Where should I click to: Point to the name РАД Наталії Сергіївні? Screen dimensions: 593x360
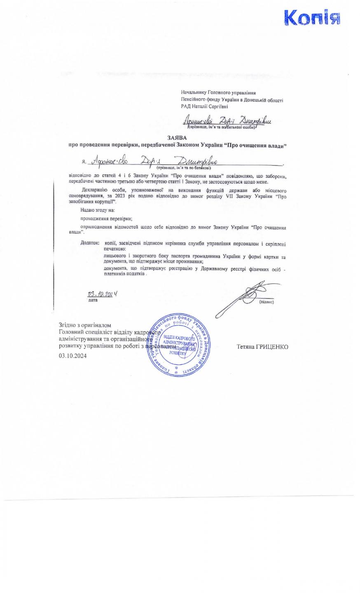pos(204,106)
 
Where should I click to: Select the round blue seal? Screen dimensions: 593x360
pos(179,346)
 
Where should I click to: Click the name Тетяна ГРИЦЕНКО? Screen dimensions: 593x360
pos(262,347)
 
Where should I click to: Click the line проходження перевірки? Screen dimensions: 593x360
pos(106,219)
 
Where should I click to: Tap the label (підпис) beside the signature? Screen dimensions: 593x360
pos(266,302)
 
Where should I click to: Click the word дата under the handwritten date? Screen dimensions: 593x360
pos(93,300)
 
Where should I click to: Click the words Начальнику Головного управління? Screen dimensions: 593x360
pos(218,93)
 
